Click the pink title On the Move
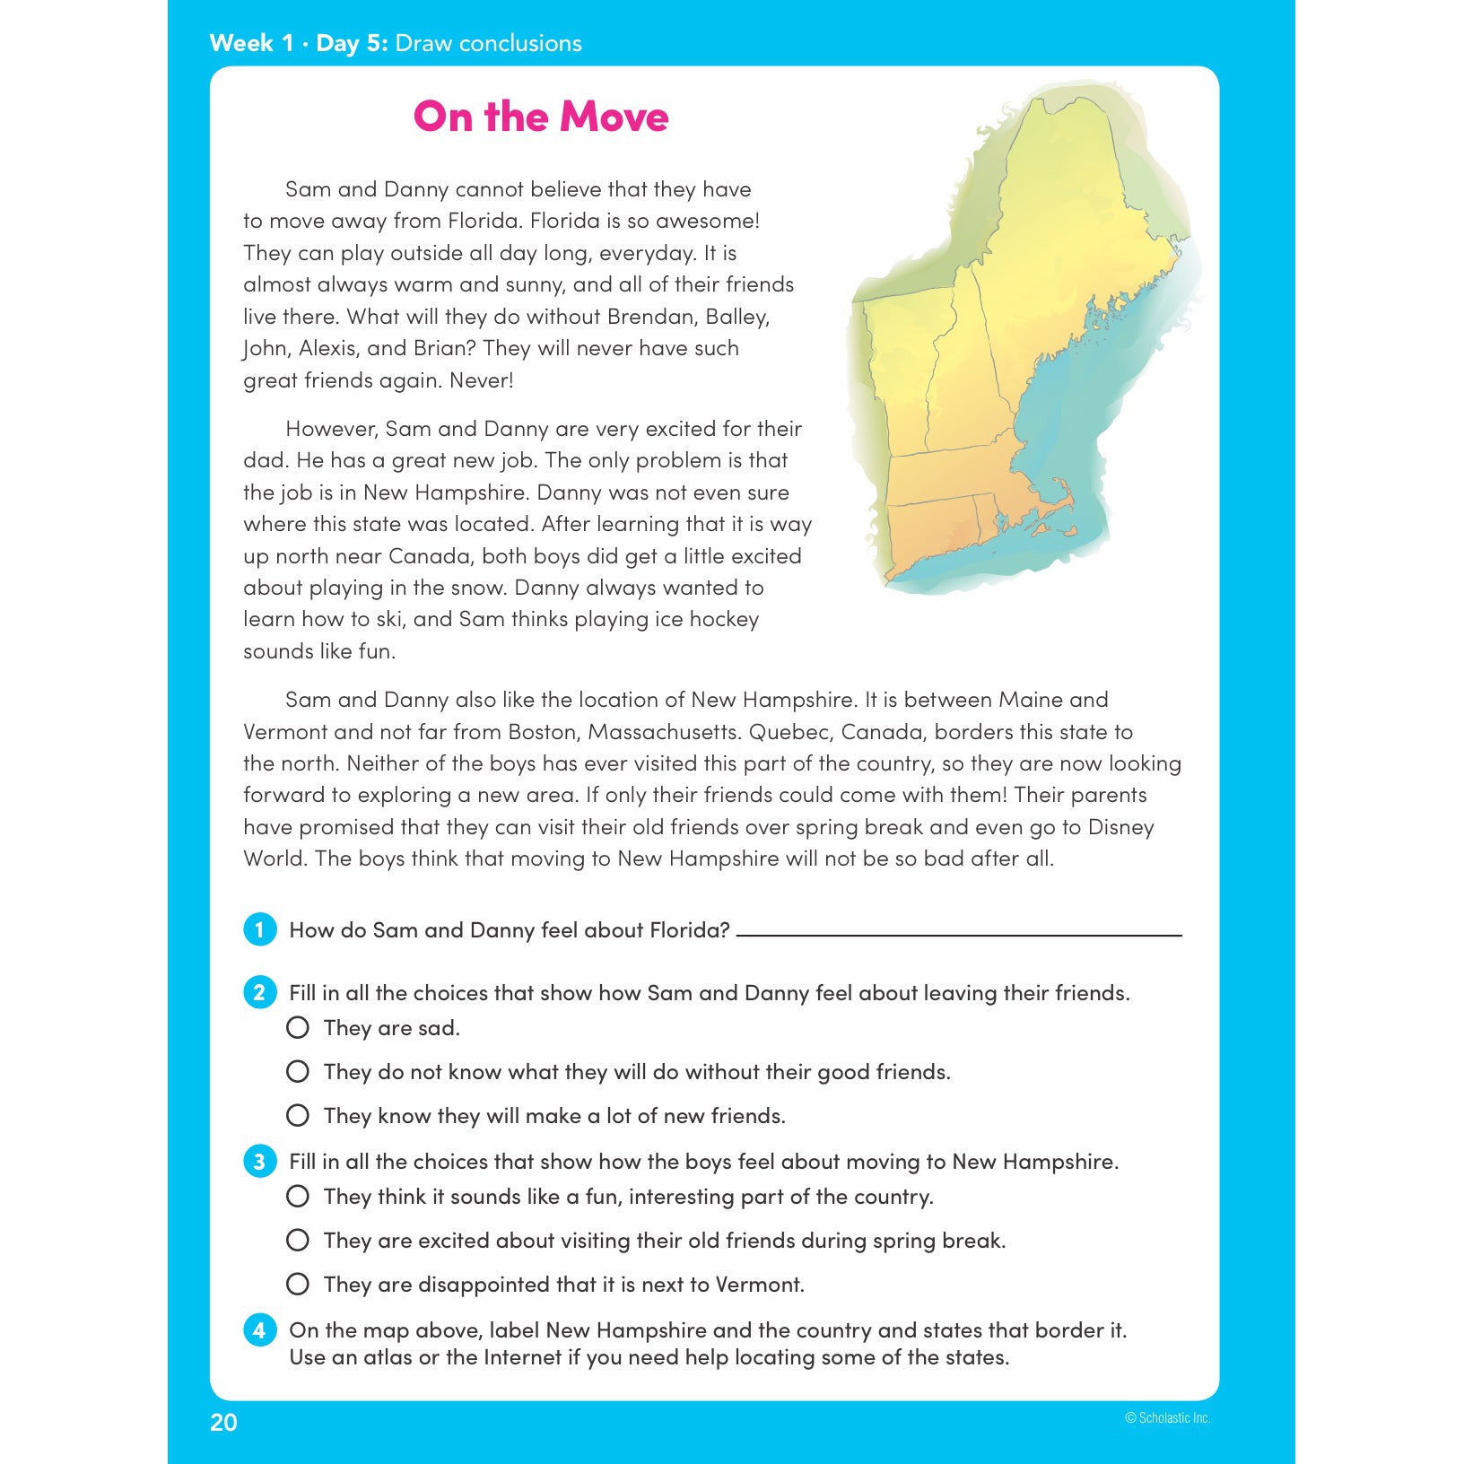541,117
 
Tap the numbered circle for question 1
259,929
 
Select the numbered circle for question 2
259,992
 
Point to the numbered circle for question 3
259,1161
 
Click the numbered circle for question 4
259,1329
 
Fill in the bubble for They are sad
298,1027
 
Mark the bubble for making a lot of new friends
298,1115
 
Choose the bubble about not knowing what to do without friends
298,1071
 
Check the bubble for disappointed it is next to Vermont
298,1284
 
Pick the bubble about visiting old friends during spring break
298,1240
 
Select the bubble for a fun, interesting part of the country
298,1196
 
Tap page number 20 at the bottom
223,1423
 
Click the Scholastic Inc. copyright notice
1168,1418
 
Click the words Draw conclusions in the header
488,43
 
